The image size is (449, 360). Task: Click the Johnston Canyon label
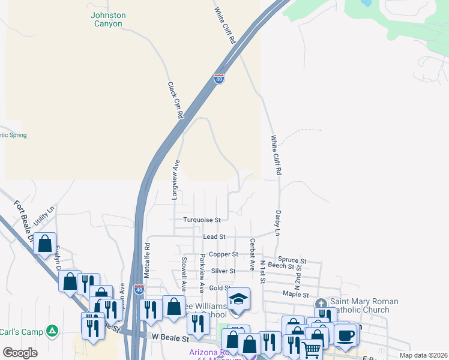(108, 19)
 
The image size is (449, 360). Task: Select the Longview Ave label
(176, 175)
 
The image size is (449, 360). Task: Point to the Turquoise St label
(202, 220)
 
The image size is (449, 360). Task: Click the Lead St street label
(214, 237)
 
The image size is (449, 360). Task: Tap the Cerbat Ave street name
(253, 254)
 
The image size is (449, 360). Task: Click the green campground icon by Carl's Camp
(53, 331)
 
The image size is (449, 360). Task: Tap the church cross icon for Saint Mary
(321, 303)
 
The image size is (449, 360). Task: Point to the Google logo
(20, 352)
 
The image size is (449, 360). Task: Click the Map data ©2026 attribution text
(423, 355)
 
